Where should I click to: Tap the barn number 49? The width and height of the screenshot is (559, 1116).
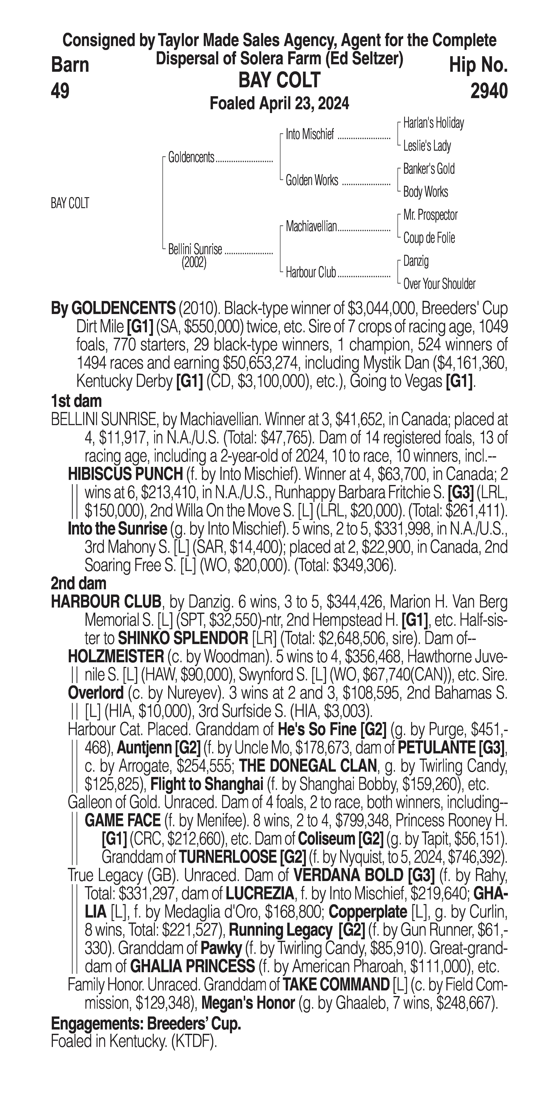coord(60,91)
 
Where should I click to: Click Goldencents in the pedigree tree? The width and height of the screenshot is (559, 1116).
coord(191,157)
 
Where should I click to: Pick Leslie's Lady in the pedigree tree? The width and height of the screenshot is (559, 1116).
coord(427,146)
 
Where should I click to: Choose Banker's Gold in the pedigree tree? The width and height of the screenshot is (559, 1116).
coord(429,169)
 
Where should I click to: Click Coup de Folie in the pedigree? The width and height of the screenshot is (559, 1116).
coord(429,238)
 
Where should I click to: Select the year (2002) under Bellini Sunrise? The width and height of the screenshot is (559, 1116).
coord(194,263)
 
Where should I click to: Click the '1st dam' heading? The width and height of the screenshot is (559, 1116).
coord(76,401)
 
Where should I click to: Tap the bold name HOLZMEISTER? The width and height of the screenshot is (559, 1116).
coord(116,657)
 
